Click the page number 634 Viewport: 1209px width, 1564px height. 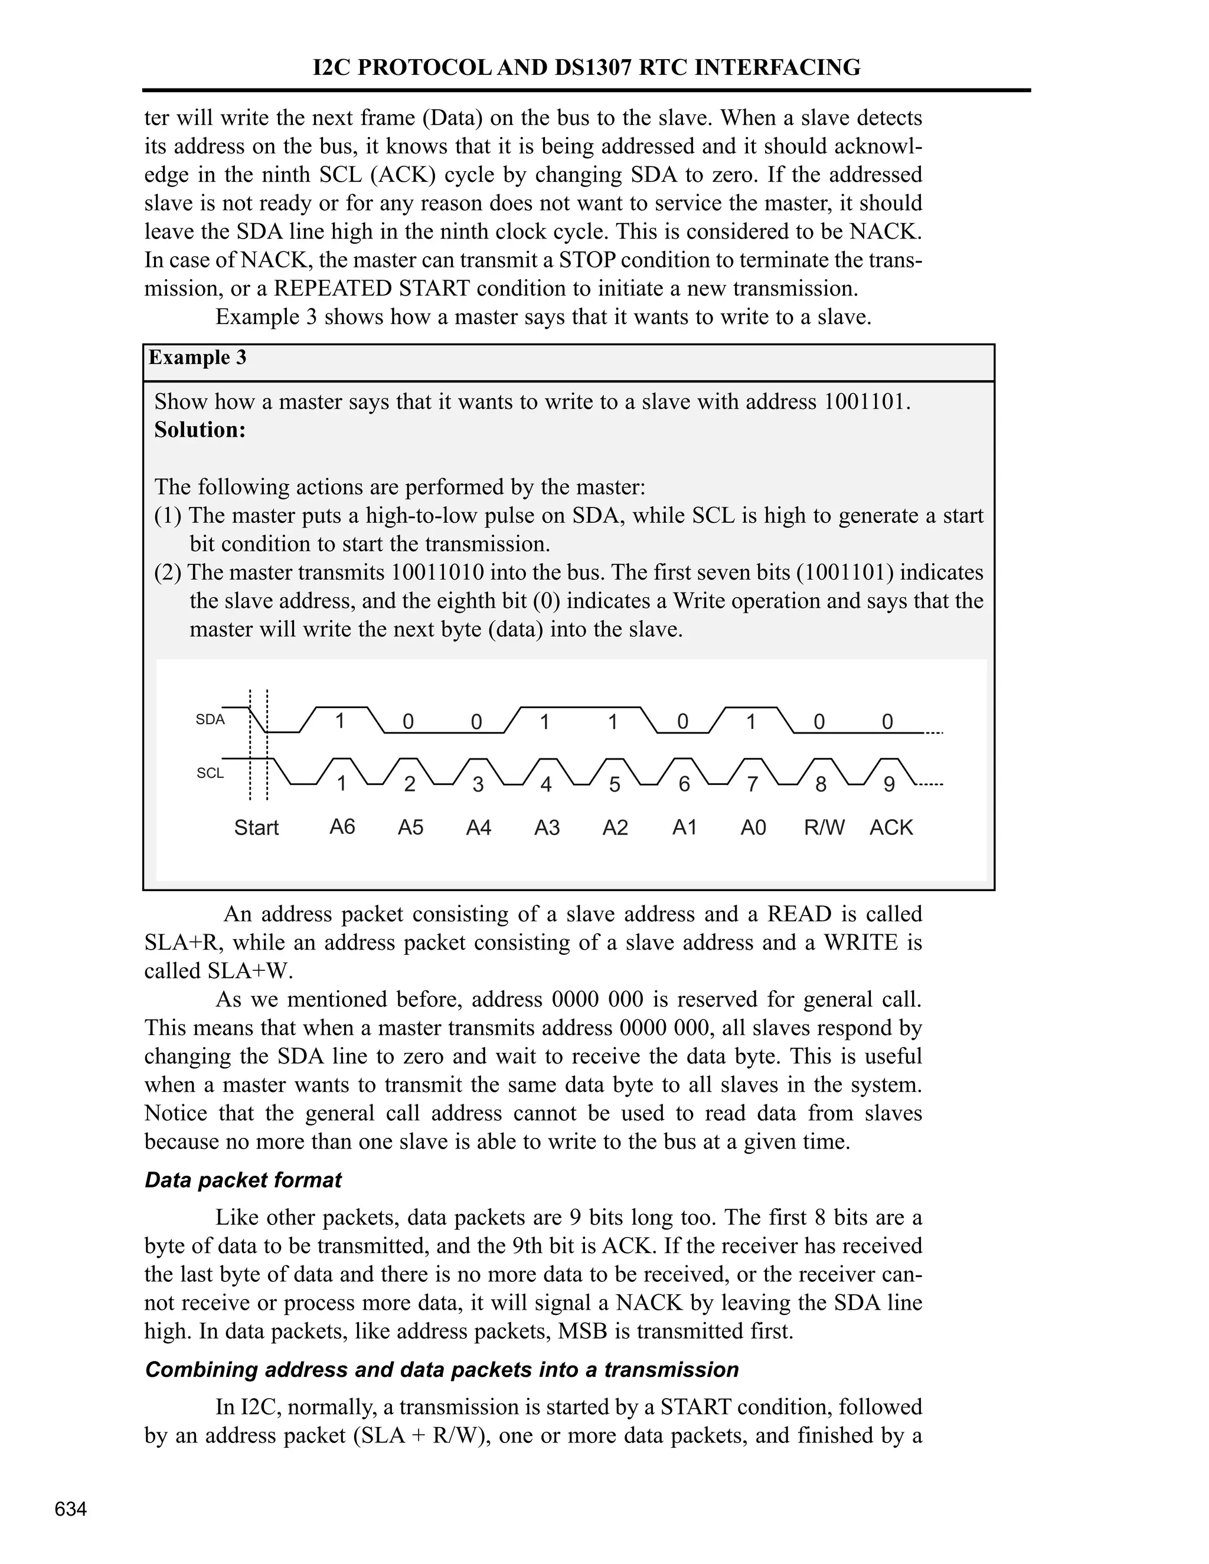pyautogui.click(x=71, y=1509)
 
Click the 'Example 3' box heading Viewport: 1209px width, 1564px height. pyautogui.click(x=197, y=358)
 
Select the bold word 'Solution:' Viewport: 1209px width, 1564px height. pyautogui.click(x=200, y=430)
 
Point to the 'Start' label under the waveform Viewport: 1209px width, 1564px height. pyautogui.click(x=256, y=828)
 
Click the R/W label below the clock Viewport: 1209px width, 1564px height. pyautogui.click(x=824, y=828)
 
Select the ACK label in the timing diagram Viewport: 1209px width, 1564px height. pyautogui.click(x=891, y=828)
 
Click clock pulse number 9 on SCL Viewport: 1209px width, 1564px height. pyautogui.click(x=889, y=785)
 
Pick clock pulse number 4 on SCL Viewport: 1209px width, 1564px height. pyautogui.click(x=546, y=785)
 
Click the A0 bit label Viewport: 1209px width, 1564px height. pyautogui.click(x=753, y=828)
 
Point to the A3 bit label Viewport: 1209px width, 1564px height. pyautogui.click(x=547, y=828)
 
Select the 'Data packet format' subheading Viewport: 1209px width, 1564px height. pyautogui.click(x=243, y=1180)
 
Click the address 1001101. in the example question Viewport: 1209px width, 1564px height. pyautogui.click(x=867, y=402)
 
